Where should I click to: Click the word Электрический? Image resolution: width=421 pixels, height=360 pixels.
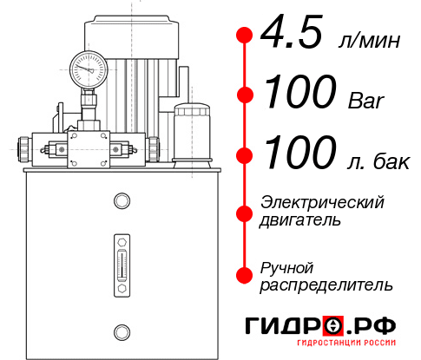pyautogui.click(x=322, y=202)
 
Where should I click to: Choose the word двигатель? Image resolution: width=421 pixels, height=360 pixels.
pyautogui.click(x=300, y=220)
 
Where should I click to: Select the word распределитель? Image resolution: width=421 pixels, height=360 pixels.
pyautogui.click(x=326, y=285)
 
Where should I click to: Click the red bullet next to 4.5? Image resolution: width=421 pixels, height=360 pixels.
pyautogui.click(x=245, y=36)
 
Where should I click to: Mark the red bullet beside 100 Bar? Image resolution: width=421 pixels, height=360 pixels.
pyautogui.click(x=245, y=95)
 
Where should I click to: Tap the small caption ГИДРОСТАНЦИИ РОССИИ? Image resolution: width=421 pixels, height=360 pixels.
pyautogui.click(x=320, y=348)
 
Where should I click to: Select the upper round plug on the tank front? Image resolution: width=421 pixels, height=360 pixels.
pyautogui.click(x=121, y=202)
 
